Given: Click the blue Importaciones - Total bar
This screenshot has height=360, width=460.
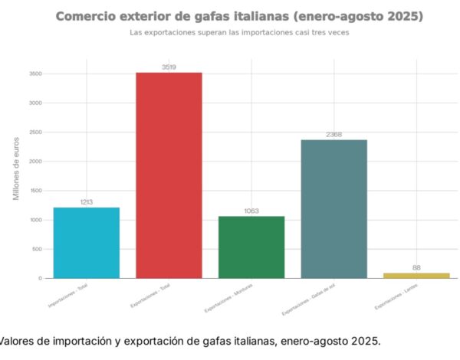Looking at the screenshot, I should coord(86,242).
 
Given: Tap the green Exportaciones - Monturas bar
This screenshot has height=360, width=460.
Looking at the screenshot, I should coord(251,247).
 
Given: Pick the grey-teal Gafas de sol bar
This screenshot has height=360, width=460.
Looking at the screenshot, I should coord(333,208).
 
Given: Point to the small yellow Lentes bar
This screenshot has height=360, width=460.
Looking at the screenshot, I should coord(416,275).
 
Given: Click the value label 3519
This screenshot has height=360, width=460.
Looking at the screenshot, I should coord(169,67).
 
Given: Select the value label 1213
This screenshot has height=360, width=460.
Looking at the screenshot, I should coord(86,202).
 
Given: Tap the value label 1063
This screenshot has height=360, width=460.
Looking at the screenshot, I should coord(251,211).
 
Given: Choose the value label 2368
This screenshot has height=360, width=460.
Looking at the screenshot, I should coord(333,135).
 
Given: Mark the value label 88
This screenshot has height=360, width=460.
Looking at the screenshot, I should coord(416,267).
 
